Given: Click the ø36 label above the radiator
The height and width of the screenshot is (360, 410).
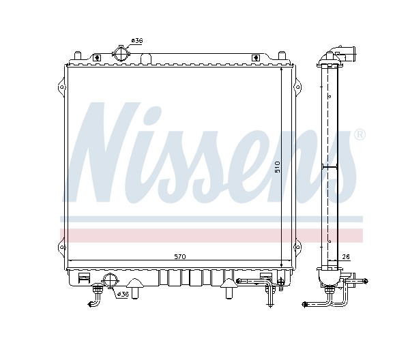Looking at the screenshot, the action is tap(137, 41).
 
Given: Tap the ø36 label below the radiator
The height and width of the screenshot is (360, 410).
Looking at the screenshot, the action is tap(123, 295).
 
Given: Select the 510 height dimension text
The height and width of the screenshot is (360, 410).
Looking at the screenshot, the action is tap(278, 167).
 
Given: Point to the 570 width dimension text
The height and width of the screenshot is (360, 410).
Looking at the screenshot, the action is tap(180, 257).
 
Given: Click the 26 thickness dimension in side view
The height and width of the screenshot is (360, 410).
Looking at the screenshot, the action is tap(346, 257).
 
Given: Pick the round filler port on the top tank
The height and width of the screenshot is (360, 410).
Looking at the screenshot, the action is tap(121, 54).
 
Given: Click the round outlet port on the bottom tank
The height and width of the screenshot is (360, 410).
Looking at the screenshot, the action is tap(111, 281).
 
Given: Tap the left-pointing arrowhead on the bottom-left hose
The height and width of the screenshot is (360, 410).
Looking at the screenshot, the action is tap(91, 304).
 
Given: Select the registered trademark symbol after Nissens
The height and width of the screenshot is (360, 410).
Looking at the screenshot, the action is tap(360, 135).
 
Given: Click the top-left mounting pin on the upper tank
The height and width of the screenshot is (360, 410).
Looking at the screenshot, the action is tap(78, 56).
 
